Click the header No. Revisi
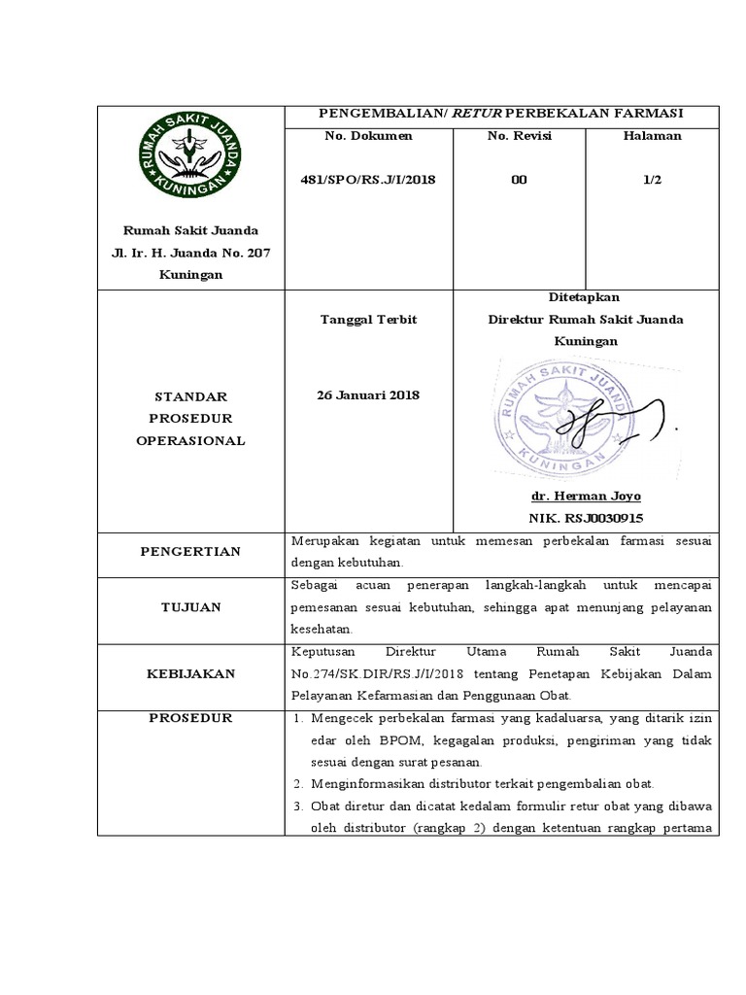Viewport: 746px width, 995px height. click(519, 136)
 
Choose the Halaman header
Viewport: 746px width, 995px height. click(652, 136)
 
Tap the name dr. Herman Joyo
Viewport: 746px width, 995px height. click(585, 496)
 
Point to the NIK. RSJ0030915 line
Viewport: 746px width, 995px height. click(585, 518)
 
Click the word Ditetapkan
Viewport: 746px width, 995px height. click(585, 297)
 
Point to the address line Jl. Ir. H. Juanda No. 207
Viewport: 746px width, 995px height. click(189, 253)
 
